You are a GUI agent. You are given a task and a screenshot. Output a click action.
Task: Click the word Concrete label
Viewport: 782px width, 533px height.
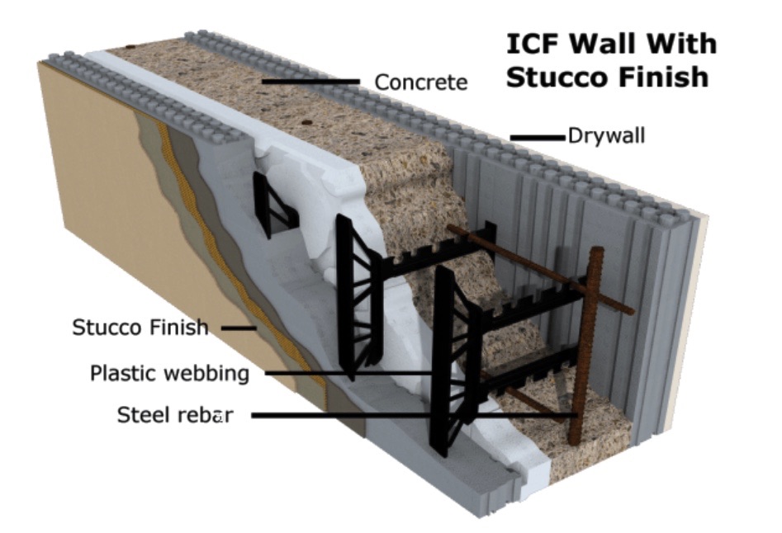click(x=420, y=83)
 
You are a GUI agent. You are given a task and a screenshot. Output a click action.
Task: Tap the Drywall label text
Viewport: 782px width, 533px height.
click(x=606, y=135)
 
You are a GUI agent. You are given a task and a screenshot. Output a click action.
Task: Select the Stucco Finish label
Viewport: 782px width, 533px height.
click(x=140, y=327)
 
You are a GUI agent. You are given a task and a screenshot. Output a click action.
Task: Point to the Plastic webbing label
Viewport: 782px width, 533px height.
click(x=169, y=373)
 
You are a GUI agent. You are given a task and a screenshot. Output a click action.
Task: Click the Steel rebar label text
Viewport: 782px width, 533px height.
click(x=174, y=416)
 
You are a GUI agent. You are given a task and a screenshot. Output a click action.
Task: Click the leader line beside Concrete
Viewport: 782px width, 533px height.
click(x=311, y=82)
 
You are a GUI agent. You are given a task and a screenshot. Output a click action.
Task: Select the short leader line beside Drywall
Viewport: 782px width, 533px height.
click(x=536, y=136)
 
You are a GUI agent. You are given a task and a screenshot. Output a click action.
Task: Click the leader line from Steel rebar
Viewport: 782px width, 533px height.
click(x=413, y=416)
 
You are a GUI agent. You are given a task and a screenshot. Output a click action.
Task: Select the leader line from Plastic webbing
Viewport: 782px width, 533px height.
click(x=355, y=373)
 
